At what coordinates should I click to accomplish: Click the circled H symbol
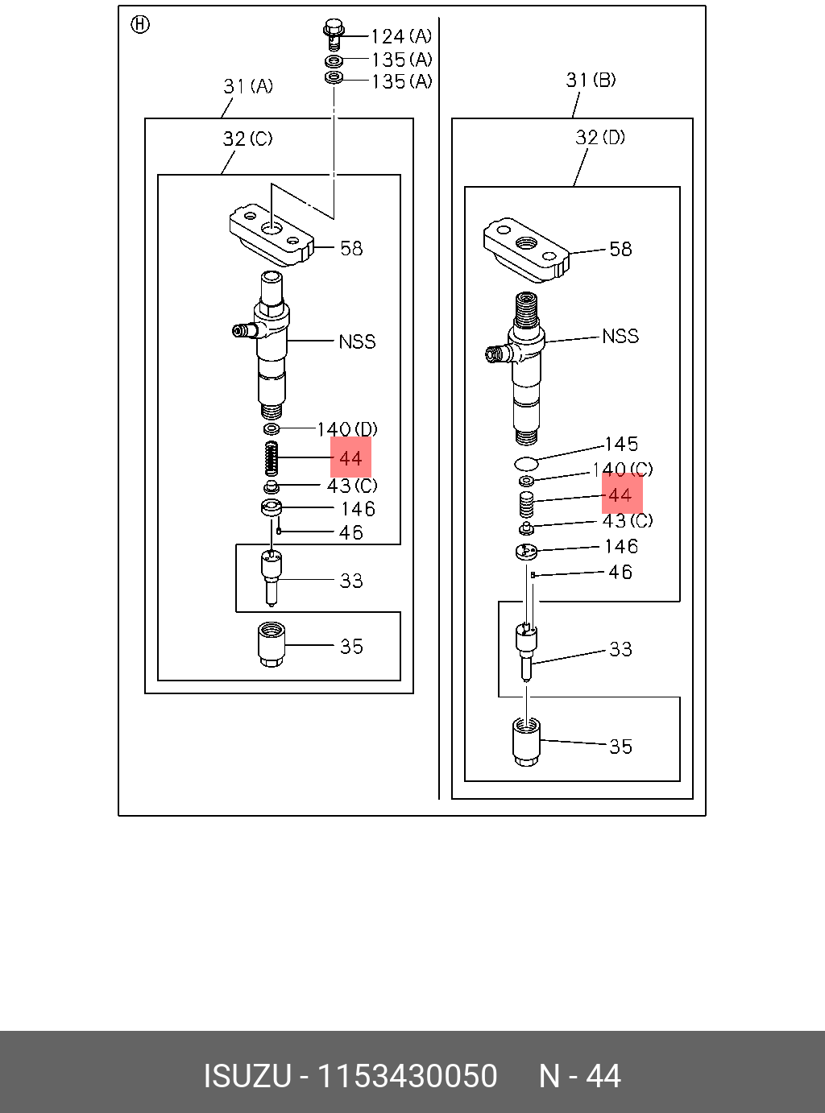point(140,25)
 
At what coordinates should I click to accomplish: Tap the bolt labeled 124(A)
point(333,34)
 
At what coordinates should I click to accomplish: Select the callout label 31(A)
point(248,86)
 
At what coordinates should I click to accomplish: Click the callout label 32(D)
point(600,138)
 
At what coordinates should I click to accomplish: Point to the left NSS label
point(357,341)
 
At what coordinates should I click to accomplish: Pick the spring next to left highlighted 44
point(272,458)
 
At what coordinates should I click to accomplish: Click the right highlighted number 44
point(620,495)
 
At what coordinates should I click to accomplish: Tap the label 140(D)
point(347,429)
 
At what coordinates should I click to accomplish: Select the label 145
point(621,444)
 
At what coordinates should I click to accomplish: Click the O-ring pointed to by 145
point(526,464)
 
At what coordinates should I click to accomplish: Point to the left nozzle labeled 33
point(272,577)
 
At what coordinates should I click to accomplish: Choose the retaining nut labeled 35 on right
point(526,743)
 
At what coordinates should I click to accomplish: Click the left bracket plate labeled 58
point(272,234)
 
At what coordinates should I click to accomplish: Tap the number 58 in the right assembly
point(620,249)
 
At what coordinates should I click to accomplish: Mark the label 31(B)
point(591,80)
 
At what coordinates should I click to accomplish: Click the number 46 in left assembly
point(351,532)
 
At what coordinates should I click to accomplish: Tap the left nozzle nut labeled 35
point(272,644)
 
